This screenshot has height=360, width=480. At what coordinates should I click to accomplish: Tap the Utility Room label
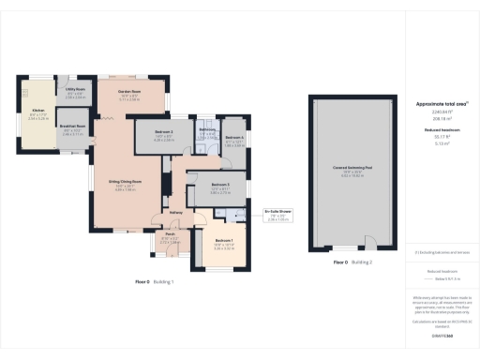[75, 92]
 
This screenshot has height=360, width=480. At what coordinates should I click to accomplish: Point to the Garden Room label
[129, 93]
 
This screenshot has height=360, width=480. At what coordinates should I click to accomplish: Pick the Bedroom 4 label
[232, 137]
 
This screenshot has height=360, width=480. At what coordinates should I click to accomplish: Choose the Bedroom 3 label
[220, 185]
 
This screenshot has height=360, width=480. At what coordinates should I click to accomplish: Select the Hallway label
[174, 212]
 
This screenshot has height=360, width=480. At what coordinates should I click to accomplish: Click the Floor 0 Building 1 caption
[155, 281]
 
